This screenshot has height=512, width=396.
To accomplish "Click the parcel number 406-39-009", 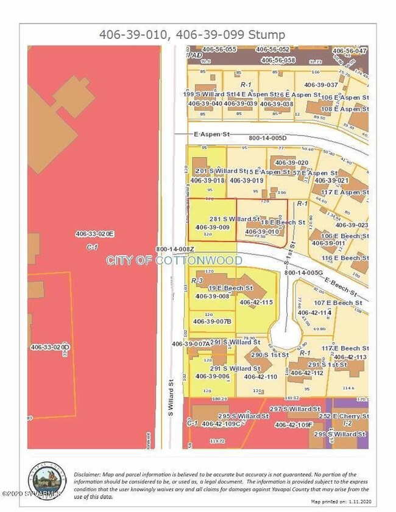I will pos(212,227).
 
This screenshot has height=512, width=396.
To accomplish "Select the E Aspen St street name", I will pos(197,133).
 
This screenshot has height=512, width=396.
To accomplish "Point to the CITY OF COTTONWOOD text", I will pos(174,261).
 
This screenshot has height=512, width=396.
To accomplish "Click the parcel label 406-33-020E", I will pos(94,234).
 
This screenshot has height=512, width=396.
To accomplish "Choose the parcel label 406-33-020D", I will pos(51,347).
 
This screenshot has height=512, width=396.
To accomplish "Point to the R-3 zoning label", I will pos(197,281).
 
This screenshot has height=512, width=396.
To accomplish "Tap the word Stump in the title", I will pos(270,35).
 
